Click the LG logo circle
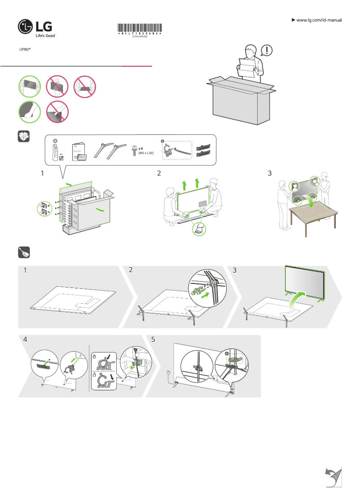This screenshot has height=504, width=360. click(26, 27)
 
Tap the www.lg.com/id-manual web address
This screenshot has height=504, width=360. click(319, 20)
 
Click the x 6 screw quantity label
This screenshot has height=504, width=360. click(140, 148)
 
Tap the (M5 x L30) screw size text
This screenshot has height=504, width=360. click(146, 153)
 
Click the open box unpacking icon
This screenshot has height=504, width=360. click(23, 137)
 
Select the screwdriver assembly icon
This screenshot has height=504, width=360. click(23, 253)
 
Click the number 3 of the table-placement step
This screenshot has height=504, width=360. click(269, 173)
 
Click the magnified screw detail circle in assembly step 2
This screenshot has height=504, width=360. click(202, 288)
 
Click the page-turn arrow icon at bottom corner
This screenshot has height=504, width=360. click(333, 477)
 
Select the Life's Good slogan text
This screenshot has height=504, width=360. click(45, 35)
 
